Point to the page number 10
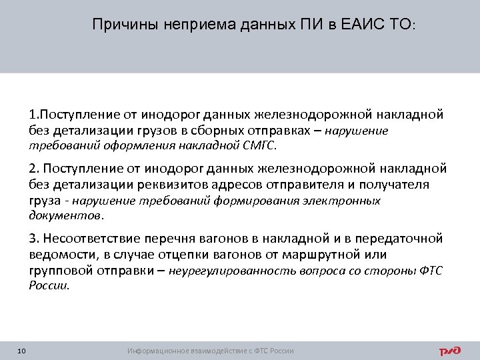22,351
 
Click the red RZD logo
451,351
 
